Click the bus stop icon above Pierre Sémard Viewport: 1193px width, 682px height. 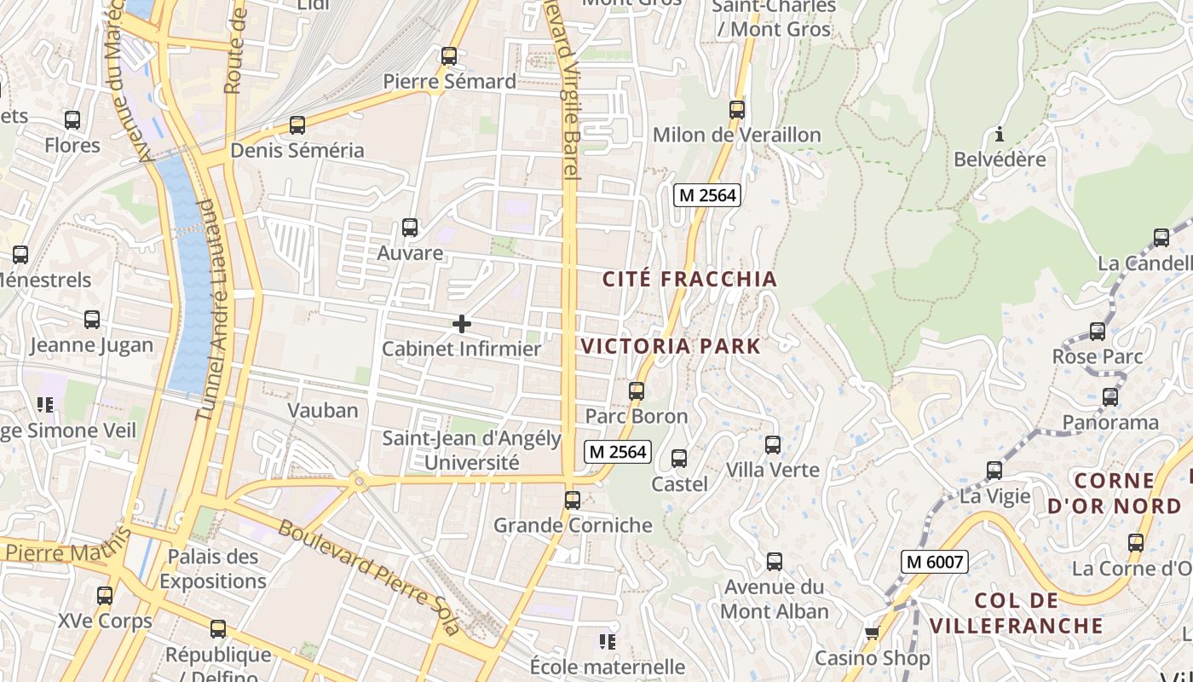point(449,56)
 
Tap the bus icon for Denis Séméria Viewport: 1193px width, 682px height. point(297,125)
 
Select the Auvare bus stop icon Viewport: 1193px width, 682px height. point(410,228)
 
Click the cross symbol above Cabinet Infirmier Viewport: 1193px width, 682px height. point(461,324)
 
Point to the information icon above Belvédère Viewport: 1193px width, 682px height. point(1000,135)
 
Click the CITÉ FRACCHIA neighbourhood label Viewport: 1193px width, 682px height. point(689,279)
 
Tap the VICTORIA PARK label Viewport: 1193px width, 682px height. point(670,346)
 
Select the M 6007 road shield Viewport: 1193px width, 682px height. point(935,562)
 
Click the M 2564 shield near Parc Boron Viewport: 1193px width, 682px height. point(618,452)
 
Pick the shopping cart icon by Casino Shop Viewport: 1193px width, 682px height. point(872,633)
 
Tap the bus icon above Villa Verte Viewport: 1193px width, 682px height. point(773,444)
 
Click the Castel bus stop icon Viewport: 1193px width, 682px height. point(679,459)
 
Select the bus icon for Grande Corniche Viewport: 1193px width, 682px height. point(573,500)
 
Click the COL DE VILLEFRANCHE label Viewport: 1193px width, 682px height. point(1016,613)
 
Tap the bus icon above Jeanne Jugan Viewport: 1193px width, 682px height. point(92,320)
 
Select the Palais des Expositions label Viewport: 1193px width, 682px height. point(213,569)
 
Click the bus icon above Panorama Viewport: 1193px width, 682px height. point(1110,396)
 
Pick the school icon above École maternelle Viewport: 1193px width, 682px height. point(608,641)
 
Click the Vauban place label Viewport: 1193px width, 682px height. point(323,410)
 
